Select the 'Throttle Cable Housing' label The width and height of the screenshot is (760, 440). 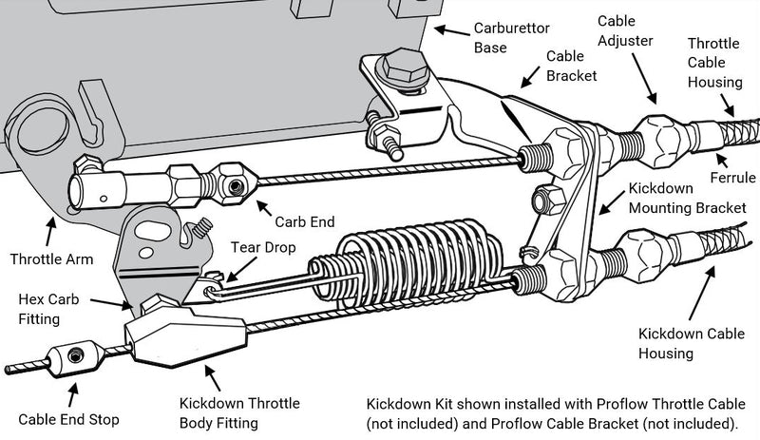[x=714, y=63]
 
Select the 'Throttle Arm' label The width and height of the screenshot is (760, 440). [x=51, y=258]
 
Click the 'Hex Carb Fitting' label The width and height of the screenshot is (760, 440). [x=49, y=310]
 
